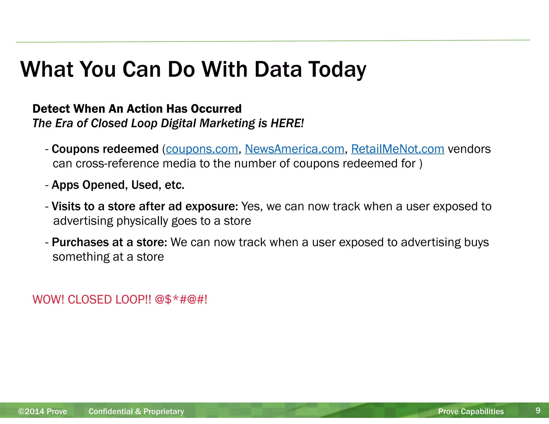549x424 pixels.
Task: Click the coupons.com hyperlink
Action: coord(202,149)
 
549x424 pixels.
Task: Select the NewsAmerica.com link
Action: coord(294,149)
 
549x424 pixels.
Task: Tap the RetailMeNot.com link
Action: coord(398,149)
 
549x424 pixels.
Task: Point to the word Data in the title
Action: coord(278,70)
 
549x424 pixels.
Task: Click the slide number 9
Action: coord(538,410)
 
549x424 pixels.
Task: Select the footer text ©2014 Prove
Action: coord(43,411)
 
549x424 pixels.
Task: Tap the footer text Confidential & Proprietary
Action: coord(136,411)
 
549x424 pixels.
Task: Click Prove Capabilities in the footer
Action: coord(471,411)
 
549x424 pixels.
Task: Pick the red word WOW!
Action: coord(48,300)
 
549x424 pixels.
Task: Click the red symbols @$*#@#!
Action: coord(181,300)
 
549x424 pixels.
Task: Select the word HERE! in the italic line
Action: coord(287,123)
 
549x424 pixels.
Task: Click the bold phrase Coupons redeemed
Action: coord(105,149)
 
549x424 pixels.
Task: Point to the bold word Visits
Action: coord(66,206)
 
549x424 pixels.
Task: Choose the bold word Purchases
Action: coord(80,242)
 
